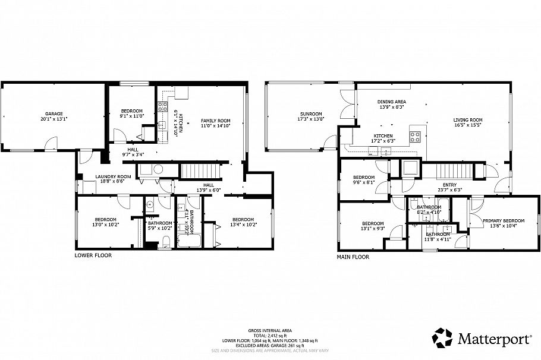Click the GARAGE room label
point(54,113)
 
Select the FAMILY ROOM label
point(215,121)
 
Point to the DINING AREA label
point(392,102)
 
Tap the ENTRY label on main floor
point(449,185)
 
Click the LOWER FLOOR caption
point(93,255)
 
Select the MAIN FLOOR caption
point(353,257)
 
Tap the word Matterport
point(495,338)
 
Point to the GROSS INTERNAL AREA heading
point(270,331)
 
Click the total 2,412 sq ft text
point(270,336)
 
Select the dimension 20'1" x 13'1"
point(54,119)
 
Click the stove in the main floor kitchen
point(416,135)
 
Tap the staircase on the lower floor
point(196,171)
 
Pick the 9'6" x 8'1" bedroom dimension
point(364,183)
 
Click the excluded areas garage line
point(270,345)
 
